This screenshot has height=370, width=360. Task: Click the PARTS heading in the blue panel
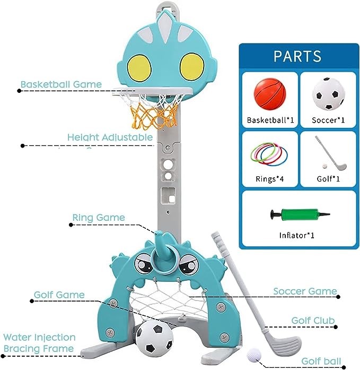[297, 56]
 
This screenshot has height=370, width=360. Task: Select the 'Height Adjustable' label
[110, 137]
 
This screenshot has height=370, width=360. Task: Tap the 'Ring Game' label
[99, 218]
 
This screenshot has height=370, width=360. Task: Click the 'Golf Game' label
[59, 295]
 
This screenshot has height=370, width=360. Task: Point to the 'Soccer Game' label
[305, 291]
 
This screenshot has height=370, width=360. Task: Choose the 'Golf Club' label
[313, 321]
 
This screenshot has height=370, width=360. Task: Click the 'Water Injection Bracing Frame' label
[39, 343]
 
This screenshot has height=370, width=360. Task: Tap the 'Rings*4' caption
[270, 178]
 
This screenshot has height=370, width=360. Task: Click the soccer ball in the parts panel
[327, 93]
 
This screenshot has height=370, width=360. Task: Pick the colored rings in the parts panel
[270, 153]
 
